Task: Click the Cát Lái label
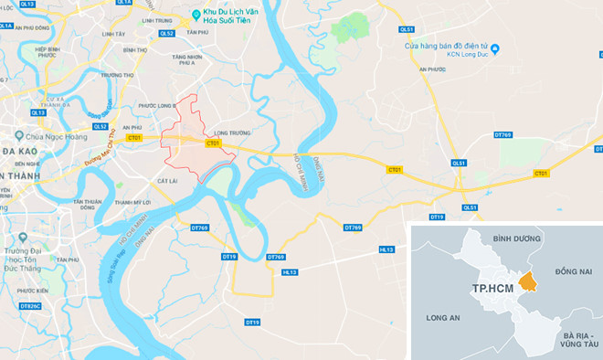(x=166, y=181)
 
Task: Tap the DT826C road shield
(x=30, y=305)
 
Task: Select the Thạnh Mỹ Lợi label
(x=132, y=202)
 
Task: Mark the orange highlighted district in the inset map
(x=528, y=284)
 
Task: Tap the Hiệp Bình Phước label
(x=53, y=53)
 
